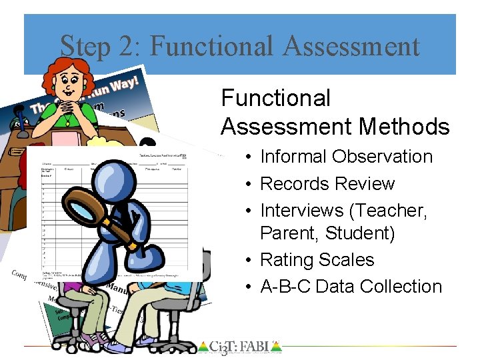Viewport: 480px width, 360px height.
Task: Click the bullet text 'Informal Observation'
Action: pyautogui.click(x=346, y=157)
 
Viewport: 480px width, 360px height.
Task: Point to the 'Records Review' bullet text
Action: pyautogui.click(x=327, y=184)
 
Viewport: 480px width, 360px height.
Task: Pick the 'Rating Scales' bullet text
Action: pyautogui.click(x=317, y=260)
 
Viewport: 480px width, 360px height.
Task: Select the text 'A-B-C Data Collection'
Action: pyautogui.click(x=351, y=287)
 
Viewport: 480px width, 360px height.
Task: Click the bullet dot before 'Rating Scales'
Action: pyautogui.click(x=247, y=260)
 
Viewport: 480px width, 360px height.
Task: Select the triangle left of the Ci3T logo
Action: pyautogui.click(x=203, y=346)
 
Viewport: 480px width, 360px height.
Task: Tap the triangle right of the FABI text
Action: pyautogui.click(x=277, y=346)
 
